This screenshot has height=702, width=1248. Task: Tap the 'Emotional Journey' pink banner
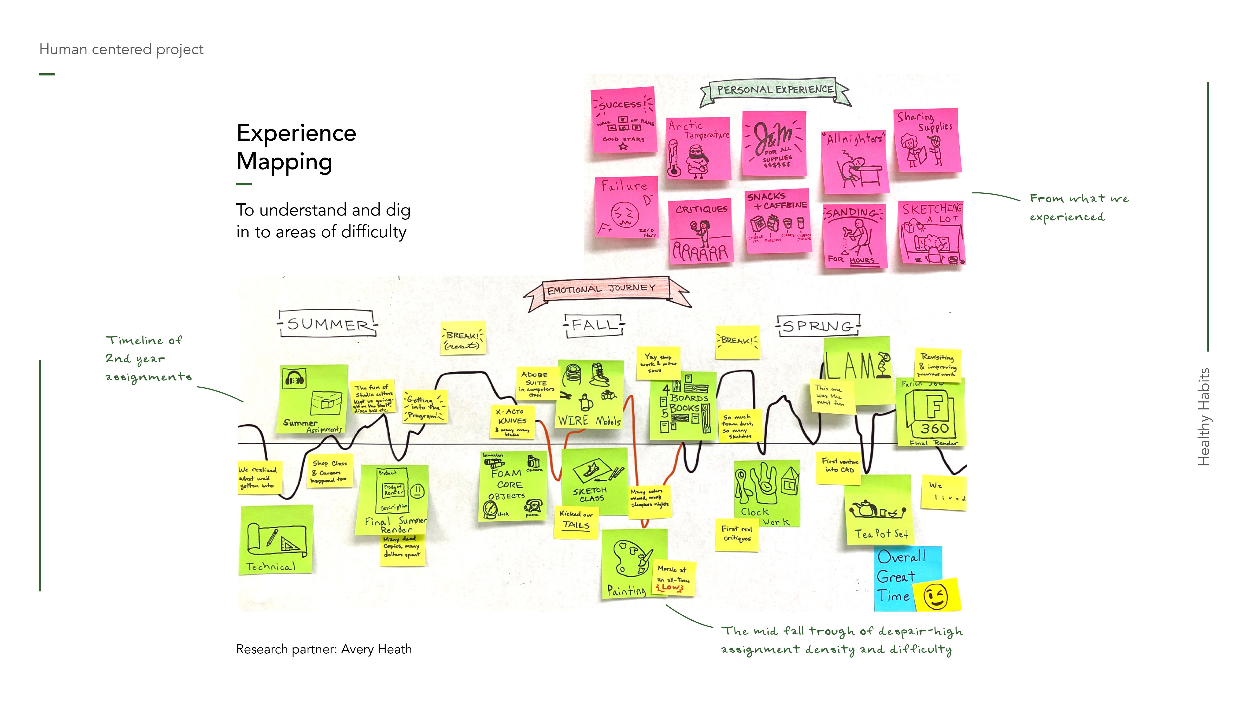(x=602, y=289)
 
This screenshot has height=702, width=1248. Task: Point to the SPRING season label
(x=818, y=326)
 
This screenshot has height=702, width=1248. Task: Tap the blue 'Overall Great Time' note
(x=901, y=576)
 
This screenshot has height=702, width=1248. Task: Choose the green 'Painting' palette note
(x=630, y=564)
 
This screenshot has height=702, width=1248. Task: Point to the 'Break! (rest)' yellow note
(x=463, y=338)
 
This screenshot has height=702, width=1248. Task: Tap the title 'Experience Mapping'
(x=296, y=147)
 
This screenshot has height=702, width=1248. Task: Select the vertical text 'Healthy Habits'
(x=1204, y=417)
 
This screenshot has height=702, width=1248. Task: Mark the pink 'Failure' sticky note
(x=626, y=207)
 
